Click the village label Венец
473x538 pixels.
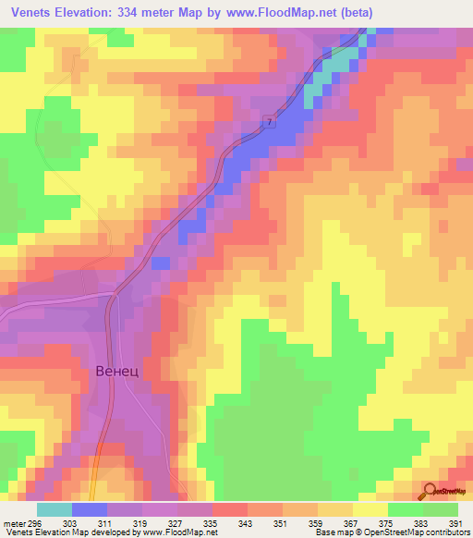116,372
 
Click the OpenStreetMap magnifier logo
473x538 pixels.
430,490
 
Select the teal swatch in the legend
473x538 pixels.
54,509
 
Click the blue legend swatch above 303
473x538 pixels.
90,509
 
